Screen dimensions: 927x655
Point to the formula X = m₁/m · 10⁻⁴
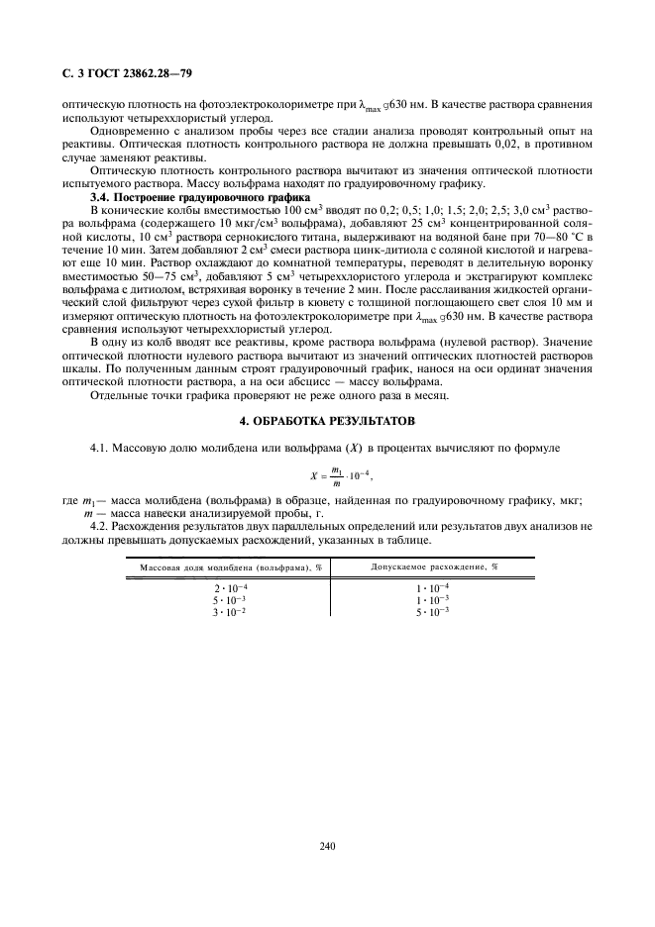(x=327, y=474)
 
